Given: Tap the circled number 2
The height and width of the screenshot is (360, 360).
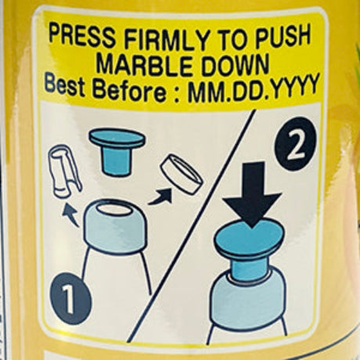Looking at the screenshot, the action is click(x=296, y=144).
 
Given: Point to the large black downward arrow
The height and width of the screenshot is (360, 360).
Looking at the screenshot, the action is click(x=252, y=194).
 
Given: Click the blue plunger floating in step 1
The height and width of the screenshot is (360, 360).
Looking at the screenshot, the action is click(x=117, y=151).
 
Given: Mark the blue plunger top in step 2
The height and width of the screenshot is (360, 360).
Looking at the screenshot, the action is click(x=250, y=238).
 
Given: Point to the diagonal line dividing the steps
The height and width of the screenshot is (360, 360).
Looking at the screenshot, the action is click(x=191, y=226).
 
